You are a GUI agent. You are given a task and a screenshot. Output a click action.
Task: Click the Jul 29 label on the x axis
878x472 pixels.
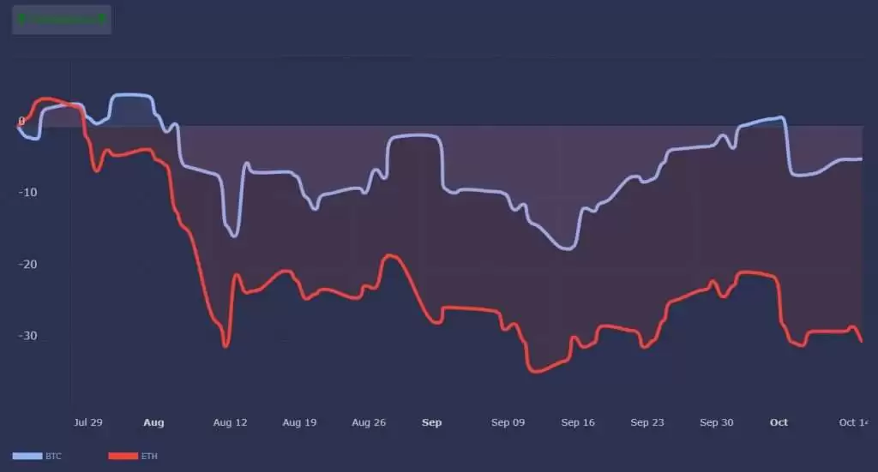click(88, 422)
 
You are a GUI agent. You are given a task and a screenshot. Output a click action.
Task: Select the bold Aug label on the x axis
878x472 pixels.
click(153, 422)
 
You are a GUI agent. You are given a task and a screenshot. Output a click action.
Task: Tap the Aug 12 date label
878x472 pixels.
click(230, 422)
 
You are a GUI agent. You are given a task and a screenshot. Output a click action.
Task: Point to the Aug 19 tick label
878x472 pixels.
click(299, 422)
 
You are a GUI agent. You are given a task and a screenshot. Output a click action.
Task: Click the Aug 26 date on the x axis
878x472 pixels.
click(369, 422)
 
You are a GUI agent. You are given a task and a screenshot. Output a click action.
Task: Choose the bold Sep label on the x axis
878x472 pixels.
click(432, 422)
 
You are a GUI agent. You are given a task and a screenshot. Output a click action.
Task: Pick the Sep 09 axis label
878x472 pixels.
click(508, 422)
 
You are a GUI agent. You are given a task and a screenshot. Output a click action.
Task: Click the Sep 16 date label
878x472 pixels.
click(578, 422)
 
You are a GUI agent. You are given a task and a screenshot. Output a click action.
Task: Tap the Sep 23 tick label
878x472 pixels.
click(646, 422)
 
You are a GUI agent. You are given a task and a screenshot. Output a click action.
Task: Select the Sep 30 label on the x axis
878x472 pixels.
click(716, 422)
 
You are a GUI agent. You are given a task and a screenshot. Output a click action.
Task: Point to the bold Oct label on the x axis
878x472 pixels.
click(779, 422)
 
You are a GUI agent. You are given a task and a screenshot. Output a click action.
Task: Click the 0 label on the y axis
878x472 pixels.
click(21, 121)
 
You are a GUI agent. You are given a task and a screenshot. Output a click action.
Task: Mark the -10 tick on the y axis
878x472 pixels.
click(28, 192)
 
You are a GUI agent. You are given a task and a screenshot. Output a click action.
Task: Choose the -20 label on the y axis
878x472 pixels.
click(28, 264)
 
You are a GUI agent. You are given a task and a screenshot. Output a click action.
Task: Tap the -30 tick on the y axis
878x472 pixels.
click(28, 336)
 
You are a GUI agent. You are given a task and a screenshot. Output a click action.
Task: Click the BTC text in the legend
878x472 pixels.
click(53, 457)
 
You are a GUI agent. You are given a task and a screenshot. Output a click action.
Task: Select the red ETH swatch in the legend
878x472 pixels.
click(123, 457)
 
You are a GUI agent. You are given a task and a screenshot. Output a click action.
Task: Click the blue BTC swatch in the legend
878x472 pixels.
click(27, 457)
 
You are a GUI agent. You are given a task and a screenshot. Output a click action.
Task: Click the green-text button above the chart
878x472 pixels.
click(62, 19)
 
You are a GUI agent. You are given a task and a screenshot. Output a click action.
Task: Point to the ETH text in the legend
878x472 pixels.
click(149, 457)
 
